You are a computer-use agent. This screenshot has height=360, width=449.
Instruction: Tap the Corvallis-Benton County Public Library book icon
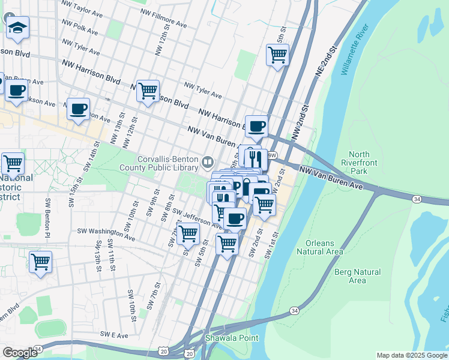click(208, 161)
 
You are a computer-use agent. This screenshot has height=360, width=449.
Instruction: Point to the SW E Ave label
click(115, 334)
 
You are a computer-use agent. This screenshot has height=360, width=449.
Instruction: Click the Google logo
click(20, 353)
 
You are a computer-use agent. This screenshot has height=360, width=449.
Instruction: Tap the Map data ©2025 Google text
click(411, 355)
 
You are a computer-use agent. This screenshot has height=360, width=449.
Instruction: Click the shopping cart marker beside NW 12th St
click(148, 91)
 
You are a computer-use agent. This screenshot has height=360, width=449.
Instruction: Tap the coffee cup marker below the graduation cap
click(16, 91)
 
